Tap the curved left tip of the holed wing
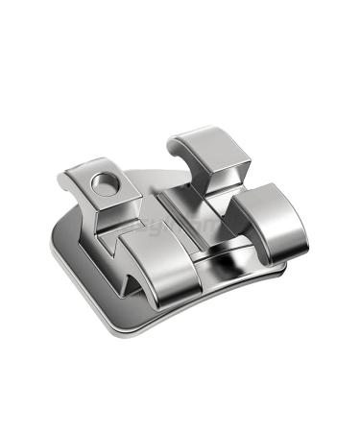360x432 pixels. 64,177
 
